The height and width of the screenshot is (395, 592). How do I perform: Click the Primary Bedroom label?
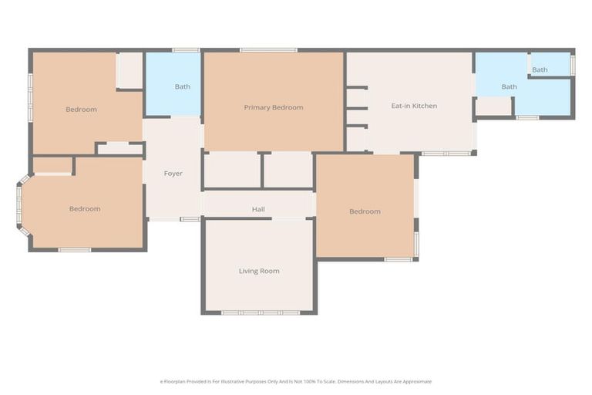[274, 107]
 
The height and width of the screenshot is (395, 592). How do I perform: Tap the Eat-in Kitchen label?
[414, 106]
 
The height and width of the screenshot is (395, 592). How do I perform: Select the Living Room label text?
[259, 271]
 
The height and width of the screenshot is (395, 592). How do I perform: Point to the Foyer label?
[173, 174]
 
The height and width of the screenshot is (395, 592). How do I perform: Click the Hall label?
[258, 209]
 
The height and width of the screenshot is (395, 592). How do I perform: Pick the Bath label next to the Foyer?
[182, 86]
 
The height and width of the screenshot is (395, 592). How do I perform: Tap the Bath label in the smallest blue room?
[540, 69]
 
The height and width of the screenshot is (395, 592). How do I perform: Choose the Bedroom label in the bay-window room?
[85, 209]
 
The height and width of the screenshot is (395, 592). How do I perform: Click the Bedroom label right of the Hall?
[365, 211]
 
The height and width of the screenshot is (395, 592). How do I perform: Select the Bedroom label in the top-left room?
[81, 110]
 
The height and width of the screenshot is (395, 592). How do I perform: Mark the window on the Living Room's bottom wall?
[260, 312]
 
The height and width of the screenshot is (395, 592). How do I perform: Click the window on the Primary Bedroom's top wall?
[267, 50]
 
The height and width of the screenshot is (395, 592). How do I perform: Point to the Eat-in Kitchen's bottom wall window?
[446, 154]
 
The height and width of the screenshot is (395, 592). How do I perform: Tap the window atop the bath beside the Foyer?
[185, 50]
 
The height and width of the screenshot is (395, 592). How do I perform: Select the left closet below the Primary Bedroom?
[232, 170]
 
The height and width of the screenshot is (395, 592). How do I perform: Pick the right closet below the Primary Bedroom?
[288, 170]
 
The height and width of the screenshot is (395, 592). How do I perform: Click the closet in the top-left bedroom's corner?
[129, 70]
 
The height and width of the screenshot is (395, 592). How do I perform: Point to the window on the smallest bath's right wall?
[573, 65]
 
